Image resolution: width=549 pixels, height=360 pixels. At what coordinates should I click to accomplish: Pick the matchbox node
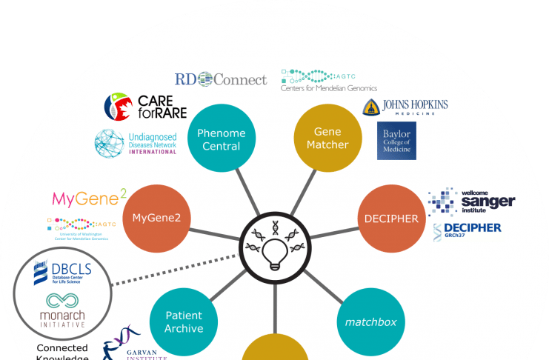[x=370, y=322]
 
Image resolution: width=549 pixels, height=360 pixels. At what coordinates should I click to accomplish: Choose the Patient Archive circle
[x=184, y=322]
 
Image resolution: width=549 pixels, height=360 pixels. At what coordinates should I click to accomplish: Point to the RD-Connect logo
[x=220, y=79]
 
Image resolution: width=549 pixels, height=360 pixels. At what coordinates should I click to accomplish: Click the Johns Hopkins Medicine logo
[x=405, y=107]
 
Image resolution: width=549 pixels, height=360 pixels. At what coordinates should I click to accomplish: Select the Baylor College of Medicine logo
[x=396, y=141]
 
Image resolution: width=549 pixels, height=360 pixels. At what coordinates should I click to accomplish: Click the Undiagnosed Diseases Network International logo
[x=136, y=142]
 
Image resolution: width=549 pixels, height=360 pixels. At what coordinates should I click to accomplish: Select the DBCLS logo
[x=61, y=276]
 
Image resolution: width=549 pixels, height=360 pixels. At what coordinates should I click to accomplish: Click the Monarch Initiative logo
[x=62, y=310]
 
